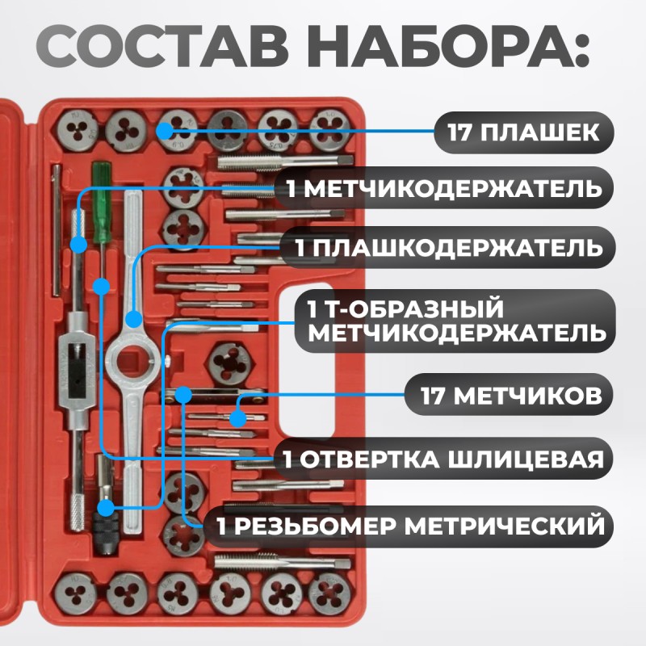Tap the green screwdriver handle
point(100,197)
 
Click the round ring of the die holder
point(132,356)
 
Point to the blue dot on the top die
point(166,130)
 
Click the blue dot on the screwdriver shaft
point(102,286)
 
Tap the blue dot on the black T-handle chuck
point(106,507)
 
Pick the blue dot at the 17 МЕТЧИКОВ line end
point(237,418)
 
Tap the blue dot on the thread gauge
point(183,395)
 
